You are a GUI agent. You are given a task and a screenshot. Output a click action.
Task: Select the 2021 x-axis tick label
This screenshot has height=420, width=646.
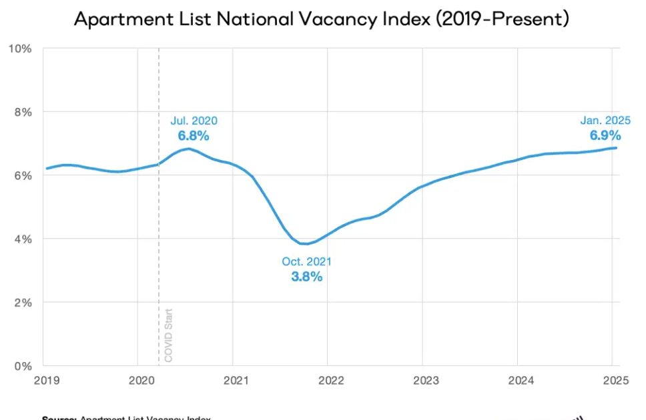pyautogui.click(x=236, y=381)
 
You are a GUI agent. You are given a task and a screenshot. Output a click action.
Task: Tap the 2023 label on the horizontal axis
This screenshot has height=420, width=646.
pyautogui.click(x=426, y=381)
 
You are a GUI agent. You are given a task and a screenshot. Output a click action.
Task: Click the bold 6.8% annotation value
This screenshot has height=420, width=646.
pyautogui.click(x=194, y=136)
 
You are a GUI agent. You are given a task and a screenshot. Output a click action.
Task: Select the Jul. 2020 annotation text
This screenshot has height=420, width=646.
pyautogui.click(x=194, y=121)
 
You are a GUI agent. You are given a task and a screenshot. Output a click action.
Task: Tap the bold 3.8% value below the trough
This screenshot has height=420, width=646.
pyautogui.click(x=306, y=277)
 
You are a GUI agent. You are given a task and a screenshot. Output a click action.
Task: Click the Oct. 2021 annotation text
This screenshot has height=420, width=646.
pyautogui.click(x=306, y=262)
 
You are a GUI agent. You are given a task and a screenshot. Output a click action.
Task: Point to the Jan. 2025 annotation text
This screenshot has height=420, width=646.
pyautogui.click(x=605, y=121)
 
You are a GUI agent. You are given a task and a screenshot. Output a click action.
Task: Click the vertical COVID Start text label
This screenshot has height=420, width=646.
pyautogui.click(x=168, y=335)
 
